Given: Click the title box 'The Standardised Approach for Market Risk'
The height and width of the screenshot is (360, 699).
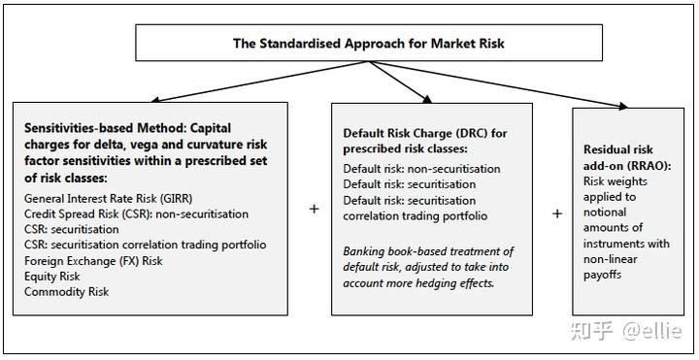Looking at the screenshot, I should click(368, 44).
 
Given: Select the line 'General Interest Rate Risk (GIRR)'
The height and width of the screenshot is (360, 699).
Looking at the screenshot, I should click(110, 199).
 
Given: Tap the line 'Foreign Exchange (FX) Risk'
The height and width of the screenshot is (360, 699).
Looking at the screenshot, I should click(93, 260).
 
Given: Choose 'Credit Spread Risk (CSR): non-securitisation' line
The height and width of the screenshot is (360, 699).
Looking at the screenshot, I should click(137, 213).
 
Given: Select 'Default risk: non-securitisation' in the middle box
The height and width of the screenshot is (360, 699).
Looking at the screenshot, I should click(422, 168).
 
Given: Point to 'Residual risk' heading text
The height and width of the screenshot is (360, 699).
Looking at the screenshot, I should click(618, 149).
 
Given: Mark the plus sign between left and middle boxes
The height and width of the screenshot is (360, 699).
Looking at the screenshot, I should click(314, 209).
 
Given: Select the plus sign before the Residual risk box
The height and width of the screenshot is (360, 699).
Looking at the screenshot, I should click(556, 213).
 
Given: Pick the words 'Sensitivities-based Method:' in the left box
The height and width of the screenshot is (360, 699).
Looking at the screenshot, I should click(104, 128).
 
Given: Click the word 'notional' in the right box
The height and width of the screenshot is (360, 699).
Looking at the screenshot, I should click(608, 212).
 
